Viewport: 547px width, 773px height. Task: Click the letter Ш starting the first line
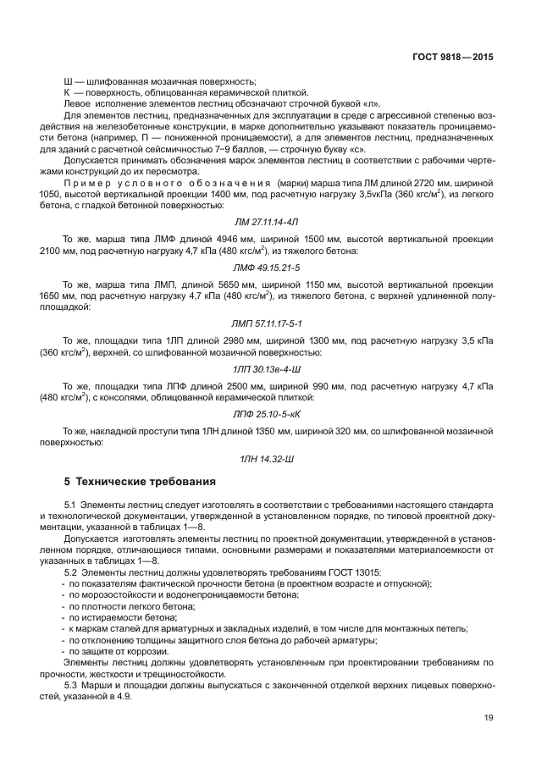[68, 80]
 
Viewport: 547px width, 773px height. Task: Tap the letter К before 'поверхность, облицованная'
[67, 91]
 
